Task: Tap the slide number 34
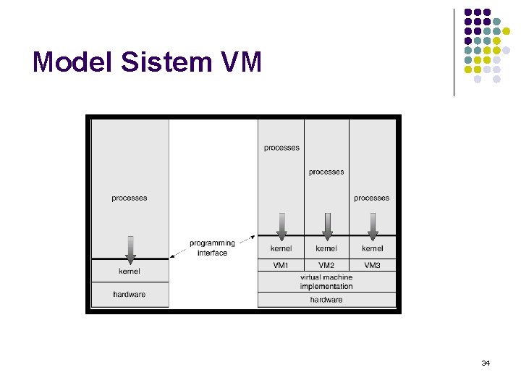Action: point(486,362)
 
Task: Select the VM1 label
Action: point(281,266)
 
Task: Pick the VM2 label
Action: point(326,266)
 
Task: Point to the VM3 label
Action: point(372,266)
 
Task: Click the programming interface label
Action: point(212,248)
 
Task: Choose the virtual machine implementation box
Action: point(326,282)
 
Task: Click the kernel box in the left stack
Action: point(130,271)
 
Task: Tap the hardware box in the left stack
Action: point(130,294)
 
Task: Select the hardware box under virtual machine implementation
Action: point(326,299)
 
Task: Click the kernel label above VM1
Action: point(281,248)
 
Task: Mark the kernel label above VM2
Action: point(326,248)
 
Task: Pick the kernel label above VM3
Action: point(372,248)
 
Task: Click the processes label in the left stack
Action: point(130,198)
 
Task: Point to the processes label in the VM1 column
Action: point(281,148)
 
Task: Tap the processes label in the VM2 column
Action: point(326,172)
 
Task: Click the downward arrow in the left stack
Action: point(130,248)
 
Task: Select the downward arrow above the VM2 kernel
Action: point(327,225)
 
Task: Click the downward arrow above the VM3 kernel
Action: point(373,225)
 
